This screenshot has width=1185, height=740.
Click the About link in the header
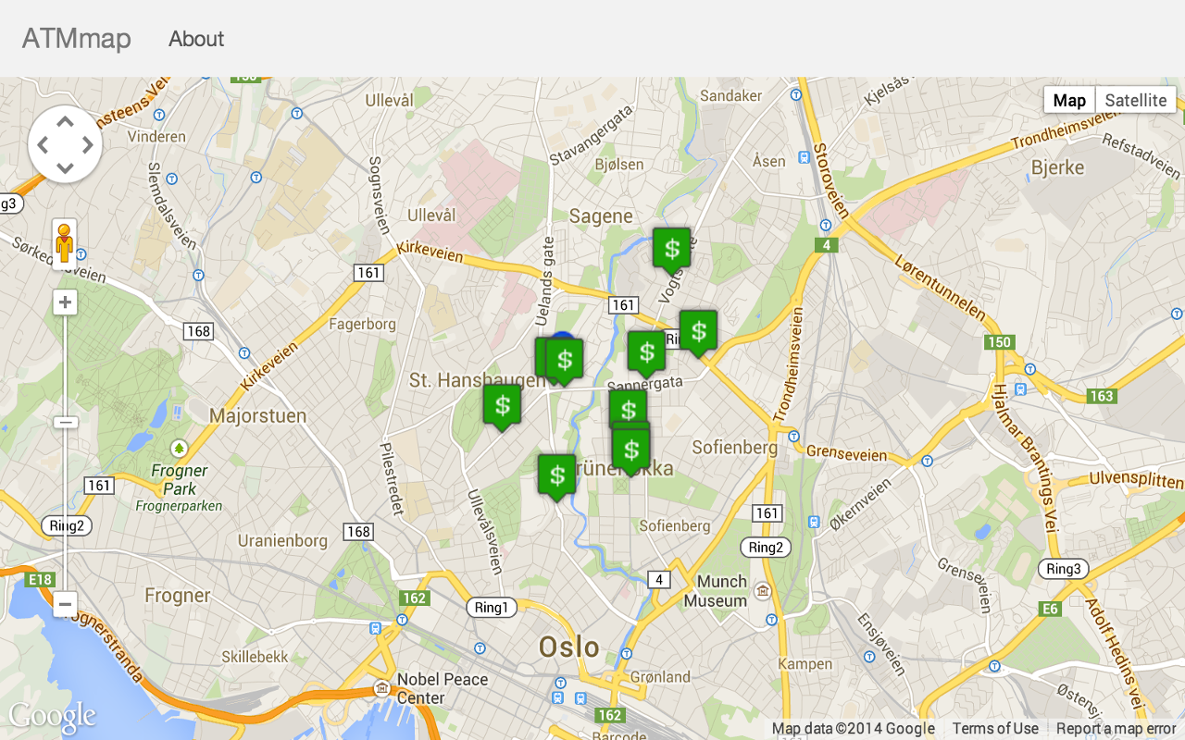(196, 39)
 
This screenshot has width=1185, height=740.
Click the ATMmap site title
(77, 39)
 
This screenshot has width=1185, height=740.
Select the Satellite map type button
(1136, 100)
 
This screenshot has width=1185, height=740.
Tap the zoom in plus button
(65, 302)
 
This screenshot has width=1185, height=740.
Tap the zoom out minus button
(65, 604)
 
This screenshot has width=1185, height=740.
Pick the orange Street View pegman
(64, 243)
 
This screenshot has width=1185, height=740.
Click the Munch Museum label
(716, 591)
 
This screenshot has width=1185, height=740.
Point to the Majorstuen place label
(257, 415)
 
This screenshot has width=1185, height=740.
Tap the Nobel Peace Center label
(442, 687)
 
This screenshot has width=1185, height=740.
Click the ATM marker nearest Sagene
(672, 248)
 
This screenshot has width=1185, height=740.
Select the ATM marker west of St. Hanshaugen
(502, 404)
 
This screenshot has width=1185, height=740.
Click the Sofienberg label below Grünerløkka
(674, 525)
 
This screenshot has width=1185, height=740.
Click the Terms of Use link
(995, 728)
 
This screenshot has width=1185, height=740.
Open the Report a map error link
(1116, 728)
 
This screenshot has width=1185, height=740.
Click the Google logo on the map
(52, 716)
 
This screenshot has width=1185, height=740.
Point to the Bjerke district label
(1057, 167)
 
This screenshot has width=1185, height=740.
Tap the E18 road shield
(41, 579)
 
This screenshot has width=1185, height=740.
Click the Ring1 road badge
(491, 607)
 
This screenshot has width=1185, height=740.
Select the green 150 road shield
(999, 342)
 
